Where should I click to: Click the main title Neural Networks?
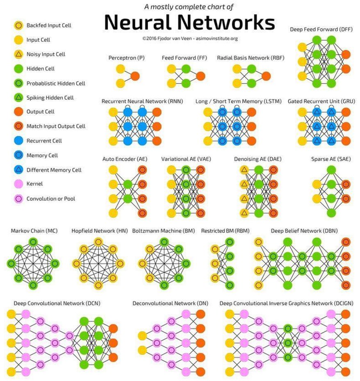point(189,23)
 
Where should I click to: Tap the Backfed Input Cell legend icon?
point(18,25)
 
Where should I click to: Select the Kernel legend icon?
point(18,184)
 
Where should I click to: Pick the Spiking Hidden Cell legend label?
point(50,98)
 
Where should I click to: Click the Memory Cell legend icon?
point(18,156)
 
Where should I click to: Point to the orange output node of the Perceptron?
point(135,76)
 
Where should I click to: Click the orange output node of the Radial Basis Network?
point(266,76)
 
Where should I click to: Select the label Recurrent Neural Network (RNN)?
point(142,101)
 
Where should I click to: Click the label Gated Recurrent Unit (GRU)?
point(321,101)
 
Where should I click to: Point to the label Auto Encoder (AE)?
point(125,159)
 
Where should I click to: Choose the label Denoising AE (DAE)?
point(258,159)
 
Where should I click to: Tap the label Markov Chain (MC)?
point(28,231)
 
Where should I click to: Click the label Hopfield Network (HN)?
point(99,231)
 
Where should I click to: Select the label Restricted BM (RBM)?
point(225,231)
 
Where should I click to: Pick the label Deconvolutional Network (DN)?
point(170,303)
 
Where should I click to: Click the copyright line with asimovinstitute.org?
point(190,39)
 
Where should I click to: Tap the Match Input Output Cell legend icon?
point(18,126)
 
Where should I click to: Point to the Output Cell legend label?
point(41,112)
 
